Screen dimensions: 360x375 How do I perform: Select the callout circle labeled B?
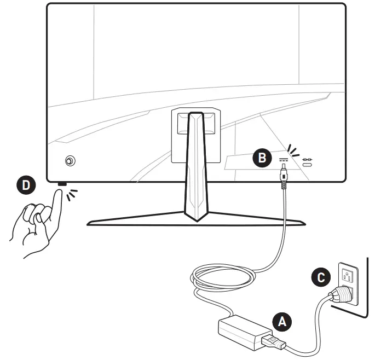(263, 158)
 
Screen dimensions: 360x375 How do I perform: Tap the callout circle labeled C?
(320, 277)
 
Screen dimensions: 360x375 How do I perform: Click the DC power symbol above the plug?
(283, 160)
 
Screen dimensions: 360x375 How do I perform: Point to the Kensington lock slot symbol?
(308, 161)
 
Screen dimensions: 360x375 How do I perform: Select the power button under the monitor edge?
(61, 184)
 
